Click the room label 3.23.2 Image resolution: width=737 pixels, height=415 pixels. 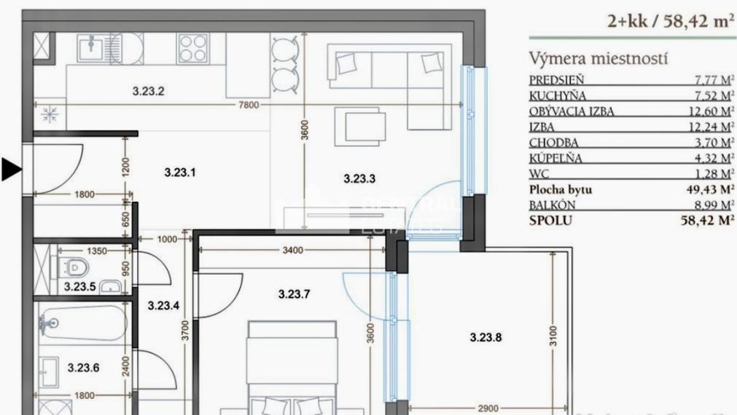(x=148, y=92)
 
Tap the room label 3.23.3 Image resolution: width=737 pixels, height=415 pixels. (x=359, y=178)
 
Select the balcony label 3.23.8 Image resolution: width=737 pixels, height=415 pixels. (x=486, y=337)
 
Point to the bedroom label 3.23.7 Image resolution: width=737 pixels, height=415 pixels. (x=295, y=294)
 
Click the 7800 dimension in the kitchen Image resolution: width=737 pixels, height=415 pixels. (x=249, y=105)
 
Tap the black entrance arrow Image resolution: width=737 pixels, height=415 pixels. (x=11, y=170)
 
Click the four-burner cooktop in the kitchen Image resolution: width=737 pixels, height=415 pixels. (x=193, y=50)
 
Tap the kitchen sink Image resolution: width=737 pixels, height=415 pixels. (x=93, y=50)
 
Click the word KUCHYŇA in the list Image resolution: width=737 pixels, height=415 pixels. (x=558, y=95)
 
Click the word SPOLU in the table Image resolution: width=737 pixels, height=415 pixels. (x=550, y=220)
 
